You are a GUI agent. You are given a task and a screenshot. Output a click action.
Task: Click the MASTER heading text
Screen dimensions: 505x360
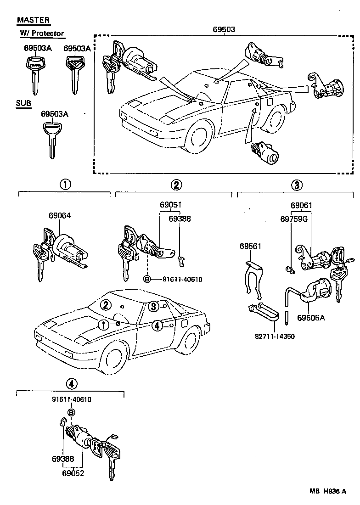(x=34, y=20)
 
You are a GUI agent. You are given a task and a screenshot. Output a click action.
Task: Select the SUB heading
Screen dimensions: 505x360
(x=24, y=104)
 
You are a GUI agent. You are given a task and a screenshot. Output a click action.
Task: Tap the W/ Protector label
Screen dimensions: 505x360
(x=42, y=34)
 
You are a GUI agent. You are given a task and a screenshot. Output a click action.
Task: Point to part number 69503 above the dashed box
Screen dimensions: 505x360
(x=224, y=29)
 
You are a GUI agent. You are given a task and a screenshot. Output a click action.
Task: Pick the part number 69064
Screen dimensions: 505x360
(x=60, y=215)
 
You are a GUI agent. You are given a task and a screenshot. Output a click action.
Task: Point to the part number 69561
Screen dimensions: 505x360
(x=250, y=247)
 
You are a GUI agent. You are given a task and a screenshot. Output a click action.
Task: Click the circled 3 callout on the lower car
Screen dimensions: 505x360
(x=153, y=306)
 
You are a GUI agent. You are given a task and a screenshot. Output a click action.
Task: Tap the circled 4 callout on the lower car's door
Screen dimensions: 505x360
(x=157, y=325)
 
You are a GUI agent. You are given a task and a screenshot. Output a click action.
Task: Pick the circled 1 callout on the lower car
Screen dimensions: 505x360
(x=105, y=325)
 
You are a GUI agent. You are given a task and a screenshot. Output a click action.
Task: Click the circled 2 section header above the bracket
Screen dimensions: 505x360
(x=176, y=185)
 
